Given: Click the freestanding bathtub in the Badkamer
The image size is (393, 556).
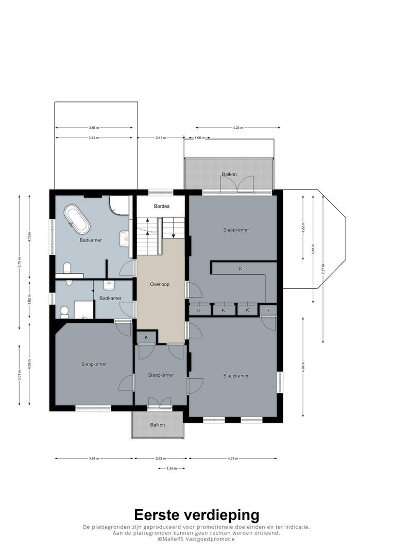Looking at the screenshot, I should (76, 220).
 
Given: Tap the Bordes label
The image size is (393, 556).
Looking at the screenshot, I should (161, 206).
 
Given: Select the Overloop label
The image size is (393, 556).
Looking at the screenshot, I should (160, 284).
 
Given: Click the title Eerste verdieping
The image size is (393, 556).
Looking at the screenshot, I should (197, 515).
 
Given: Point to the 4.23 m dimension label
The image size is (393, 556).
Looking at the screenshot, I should (237, 128).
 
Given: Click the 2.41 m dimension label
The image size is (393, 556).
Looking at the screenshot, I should (161, 138).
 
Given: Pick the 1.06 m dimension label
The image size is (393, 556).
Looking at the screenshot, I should (199, 138).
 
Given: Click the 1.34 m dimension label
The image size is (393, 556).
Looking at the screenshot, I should (172, 468).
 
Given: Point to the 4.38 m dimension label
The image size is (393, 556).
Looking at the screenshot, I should (233, 458).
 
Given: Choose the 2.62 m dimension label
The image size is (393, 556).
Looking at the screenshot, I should (160, 458).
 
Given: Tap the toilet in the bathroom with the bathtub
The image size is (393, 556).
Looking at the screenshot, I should (67, 268).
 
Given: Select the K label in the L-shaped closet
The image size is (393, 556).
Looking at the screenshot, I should (240, 269).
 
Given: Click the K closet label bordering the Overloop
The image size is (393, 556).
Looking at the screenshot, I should (146, 337).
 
